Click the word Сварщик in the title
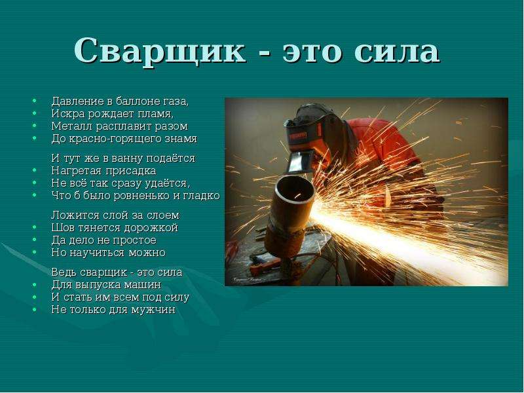point(160,51)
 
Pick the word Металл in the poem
point(72,126)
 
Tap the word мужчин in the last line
point(153,310)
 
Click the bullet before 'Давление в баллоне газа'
point(35,101)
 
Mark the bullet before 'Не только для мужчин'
point(35,310)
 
